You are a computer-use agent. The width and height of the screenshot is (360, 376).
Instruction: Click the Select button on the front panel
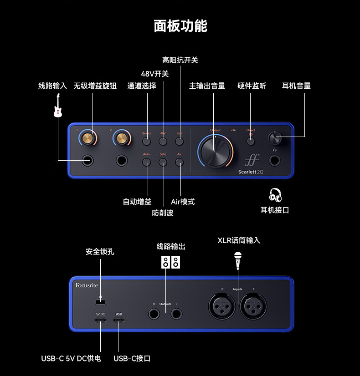point(146,142)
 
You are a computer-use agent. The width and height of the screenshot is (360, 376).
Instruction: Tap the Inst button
point(180,142)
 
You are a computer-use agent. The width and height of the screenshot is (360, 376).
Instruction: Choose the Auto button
point(146,162)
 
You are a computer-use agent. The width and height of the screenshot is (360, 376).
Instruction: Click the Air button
point(180,162)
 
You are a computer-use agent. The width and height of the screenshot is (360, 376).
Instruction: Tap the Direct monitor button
point(251,141)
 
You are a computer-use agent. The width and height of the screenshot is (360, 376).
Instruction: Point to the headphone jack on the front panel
point(275,160)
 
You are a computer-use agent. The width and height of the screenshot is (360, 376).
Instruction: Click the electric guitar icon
point(58,106)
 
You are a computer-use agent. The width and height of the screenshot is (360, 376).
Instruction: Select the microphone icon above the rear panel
point(237,261)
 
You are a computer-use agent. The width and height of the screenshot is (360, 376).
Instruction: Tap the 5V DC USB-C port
point(100,320)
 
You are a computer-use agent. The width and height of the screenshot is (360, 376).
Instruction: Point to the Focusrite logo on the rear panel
point(87,286)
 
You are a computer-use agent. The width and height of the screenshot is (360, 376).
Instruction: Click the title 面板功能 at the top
point(180,25)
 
